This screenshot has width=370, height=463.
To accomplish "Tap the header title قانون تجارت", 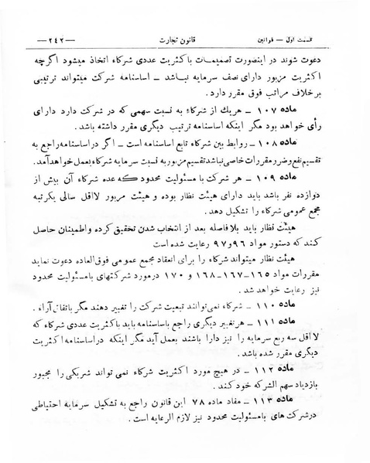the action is (185, 38).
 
